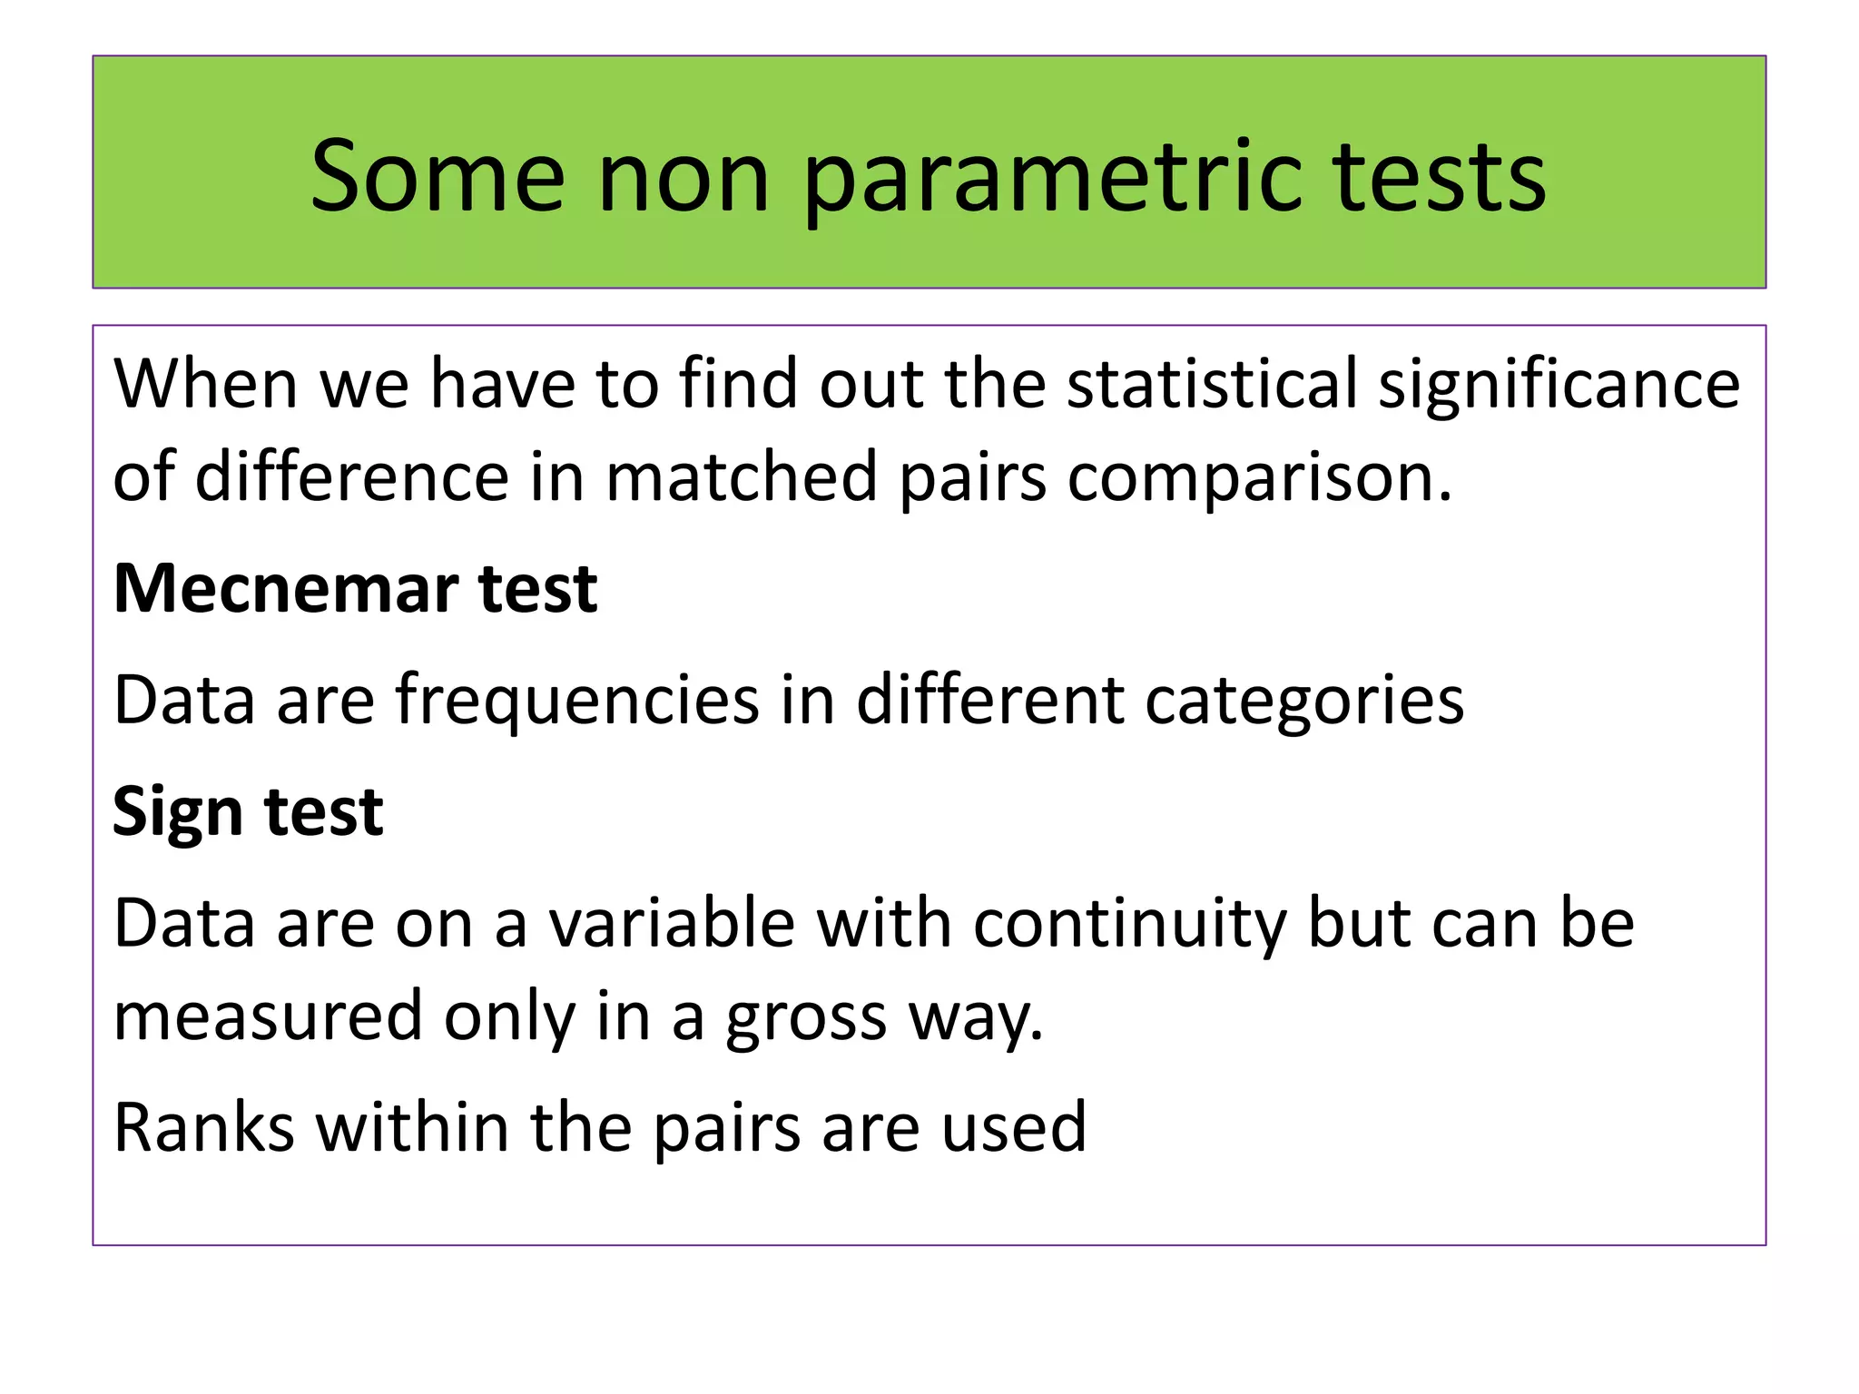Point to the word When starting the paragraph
[x=205, y=383]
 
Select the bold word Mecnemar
[x=286, y=589]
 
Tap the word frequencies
[x=576, y=701]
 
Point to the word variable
[x=672, y=923]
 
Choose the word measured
[x=268, y=1016]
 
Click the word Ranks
[x=204, y=1127]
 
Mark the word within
[x=412, y=1127]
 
